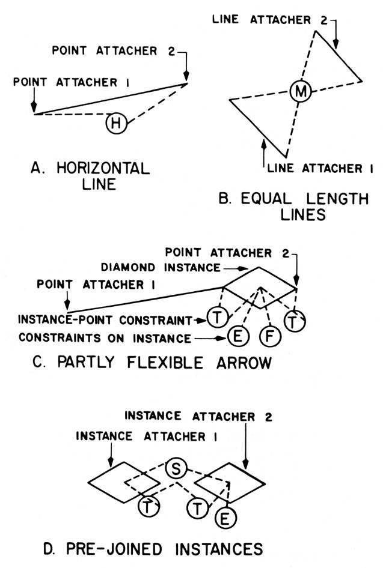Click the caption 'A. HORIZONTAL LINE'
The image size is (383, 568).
(x=90, y=175)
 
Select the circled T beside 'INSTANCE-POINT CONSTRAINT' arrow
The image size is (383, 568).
(x=215, y=316)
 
